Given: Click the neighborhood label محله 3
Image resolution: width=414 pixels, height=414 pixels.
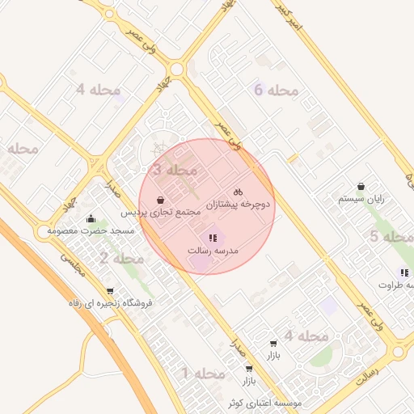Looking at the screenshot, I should coord(174,171).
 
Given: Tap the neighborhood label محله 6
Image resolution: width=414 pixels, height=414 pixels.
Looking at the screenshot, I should coord(276,91).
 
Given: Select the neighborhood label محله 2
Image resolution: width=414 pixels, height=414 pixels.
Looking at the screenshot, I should coord(121,259).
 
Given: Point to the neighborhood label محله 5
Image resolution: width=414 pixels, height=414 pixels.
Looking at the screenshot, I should coord(391,237).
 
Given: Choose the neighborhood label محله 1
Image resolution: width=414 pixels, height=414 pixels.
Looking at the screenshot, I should coord(202,373).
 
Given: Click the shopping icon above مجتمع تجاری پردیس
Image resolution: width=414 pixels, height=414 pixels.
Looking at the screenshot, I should coord(161,199).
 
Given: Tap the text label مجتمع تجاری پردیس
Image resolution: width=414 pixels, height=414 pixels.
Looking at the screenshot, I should coord(160,213).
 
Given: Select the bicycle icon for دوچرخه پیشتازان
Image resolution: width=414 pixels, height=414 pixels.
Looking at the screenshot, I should coord(238,192).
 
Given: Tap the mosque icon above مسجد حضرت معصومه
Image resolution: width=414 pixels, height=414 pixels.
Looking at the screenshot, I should coord(91,218).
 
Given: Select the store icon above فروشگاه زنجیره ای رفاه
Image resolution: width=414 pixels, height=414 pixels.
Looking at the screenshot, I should coord(110,290).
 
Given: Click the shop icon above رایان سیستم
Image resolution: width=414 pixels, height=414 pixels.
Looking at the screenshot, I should coord(361,185).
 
